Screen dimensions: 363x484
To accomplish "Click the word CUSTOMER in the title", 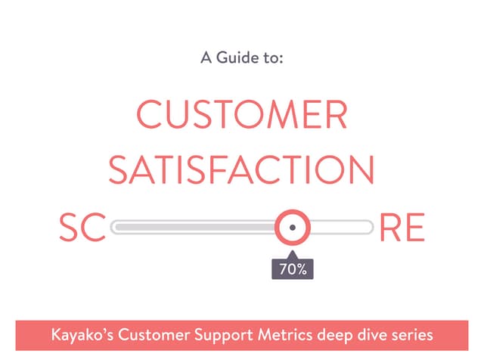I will (x=241, y=116).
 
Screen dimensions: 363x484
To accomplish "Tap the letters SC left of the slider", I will (x=81, y=228).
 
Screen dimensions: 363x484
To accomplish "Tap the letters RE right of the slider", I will (x=402, y=228).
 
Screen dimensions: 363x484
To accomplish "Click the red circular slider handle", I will (x=292, y=227).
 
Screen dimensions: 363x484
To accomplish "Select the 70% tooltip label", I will (x=293, y=268).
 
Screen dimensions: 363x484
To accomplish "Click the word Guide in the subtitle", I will (x=237, y=57).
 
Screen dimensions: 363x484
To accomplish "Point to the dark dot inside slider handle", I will (x=292, y=227).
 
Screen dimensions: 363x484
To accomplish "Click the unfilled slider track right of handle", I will (x=340, y=227).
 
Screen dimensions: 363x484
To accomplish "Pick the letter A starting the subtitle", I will (x=205, y=57).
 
